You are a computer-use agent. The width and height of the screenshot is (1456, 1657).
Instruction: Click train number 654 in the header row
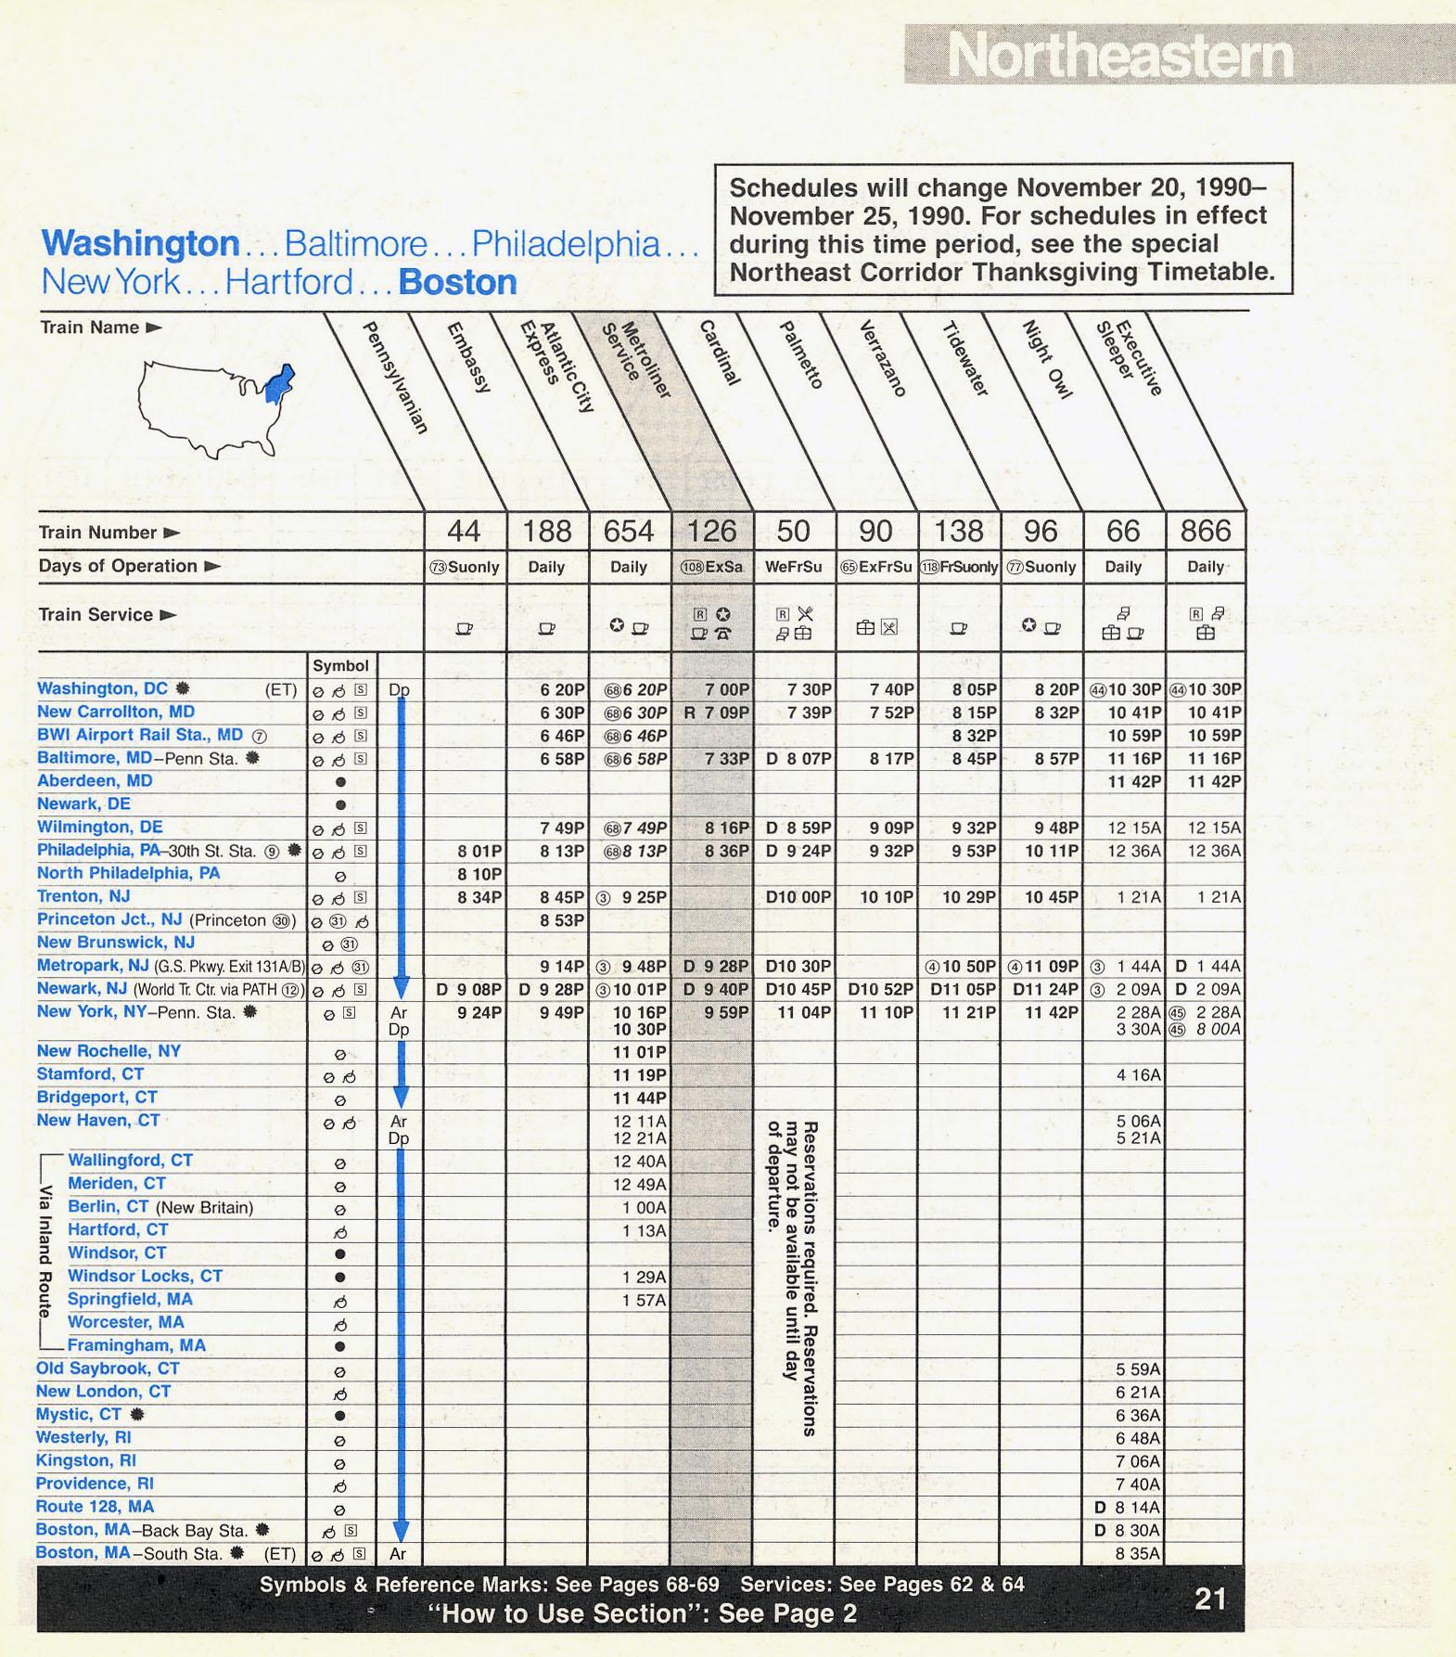(629, 532)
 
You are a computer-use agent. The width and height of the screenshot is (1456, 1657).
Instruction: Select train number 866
(1205, 532)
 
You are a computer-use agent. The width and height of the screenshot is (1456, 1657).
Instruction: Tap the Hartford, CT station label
(118, 1229)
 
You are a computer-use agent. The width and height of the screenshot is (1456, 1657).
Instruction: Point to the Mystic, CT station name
(79, 1414)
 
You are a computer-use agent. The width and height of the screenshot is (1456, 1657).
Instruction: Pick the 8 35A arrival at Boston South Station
(1138, 1553)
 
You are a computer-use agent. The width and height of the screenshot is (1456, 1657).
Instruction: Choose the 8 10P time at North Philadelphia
(479, 873)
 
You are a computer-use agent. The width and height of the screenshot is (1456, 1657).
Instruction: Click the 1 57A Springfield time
(644, 1300)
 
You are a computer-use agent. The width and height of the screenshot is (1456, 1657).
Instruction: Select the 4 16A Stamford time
(1138, 1074)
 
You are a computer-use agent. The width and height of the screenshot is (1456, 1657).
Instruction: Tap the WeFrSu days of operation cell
(793, 567)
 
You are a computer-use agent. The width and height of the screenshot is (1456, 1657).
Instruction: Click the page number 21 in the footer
(1210, 1598)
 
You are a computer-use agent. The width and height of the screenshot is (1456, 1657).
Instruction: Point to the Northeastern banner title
(1120, 56)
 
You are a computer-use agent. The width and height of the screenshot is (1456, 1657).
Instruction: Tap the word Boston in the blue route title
(457, 282)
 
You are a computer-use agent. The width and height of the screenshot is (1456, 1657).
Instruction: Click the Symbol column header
(340, 665)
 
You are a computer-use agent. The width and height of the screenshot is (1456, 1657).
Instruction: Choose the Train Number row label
(98, 533)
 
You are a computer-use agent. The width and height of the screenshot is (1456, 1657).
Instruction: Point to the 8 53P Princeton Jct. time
(562, 919)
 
